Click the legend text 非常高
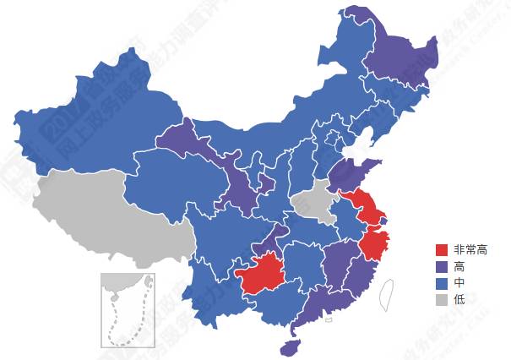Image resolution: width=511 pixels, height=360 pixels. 470,250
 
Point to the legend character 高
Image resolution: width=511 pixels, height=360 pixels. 459,266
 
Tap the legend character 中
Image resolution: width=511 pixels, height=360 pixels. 459,282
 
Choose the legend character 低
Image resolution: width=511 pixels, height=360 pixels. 459,299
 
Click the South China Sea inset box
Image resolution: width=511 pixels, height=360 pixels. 127,309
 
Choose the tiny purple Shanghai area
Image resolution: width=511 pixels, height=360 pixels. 384,221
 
